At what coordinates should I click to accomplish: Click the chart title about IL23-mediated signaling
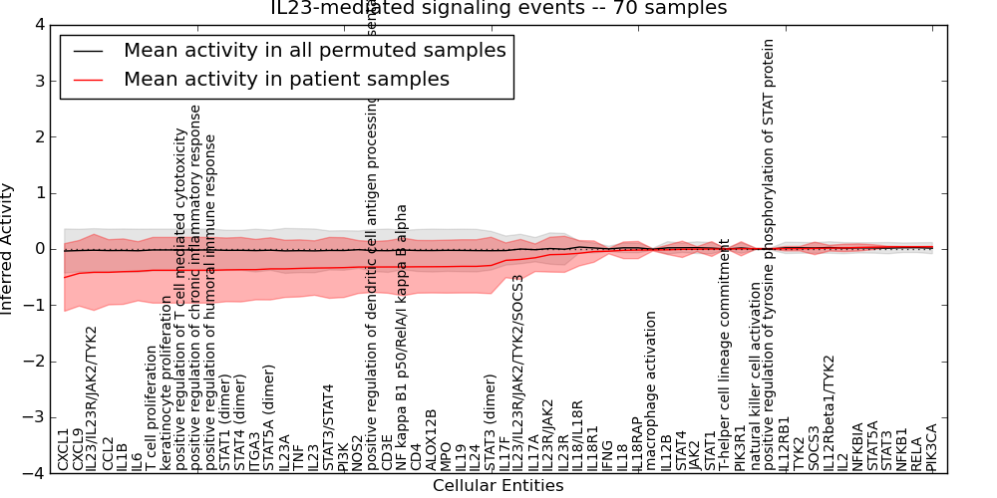click(498, 9)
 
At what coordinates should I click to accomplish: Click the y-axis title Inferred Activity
click(8, 248)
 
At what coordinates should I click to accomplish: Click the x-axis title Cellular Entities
click(498, 486)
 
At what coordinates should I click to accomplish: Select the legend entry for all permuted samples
click(314, 51)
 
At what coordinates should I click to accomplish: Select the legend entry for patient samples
click(286, 80)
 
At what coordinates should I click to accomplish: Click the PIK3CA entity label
click(931, 446)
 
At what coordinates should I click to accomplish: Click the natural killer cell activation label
click(755, 376)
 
